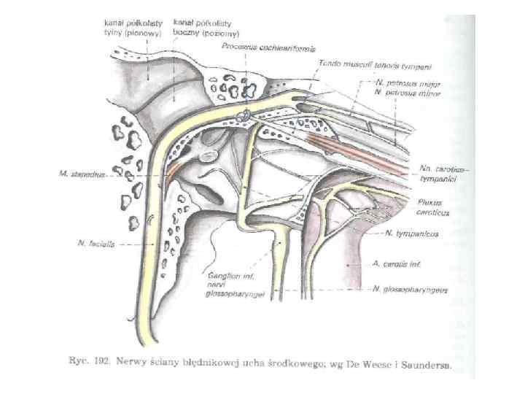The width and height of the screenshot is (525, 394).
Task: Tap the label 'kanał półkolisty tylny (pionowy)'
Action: (x=125, y=28)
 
